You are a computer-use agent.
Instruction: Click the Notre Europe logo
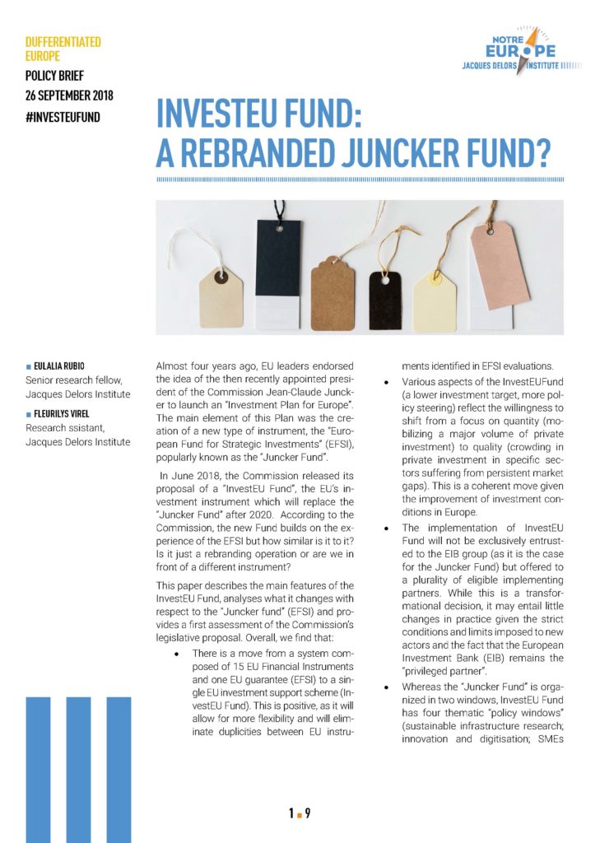(511, 50)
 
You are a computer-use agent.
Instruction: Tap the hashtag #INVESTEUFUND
(63, 117)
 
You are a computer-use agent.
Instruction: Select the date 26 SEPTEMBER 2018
(70, 96)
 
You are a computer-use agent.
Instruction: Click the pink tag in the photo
(500, 266)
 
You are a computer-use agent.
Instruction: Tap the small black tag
(384, 299)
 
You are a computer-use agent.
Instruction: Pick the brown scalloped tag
(332, 292)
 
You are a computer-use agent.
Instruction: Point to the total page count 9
(308, 814)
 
